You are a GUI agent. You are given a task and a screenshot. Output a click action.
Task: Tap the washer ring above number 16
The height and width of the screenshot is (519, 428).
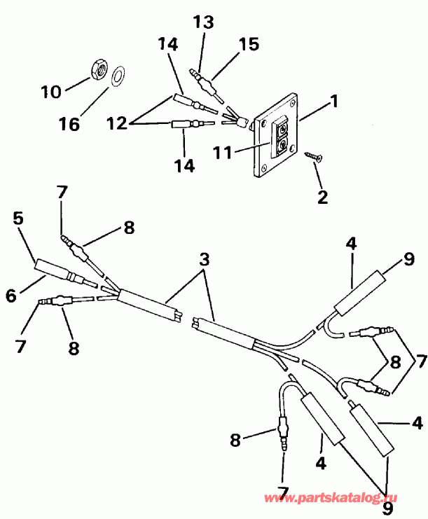119,73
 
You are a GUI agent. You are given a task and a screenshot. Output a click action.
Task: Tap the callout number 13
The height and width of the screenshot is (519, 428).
203,22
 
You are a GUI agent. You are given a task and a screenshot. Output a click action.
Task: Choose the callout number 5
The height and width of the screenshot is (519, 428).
18,219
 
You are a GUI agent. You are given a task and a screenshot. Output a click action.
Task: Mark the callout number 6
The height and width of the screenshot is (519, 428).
11,296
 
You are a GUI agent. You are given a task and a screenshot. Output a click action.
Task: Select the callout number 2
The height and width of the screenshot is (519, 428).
322,197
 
